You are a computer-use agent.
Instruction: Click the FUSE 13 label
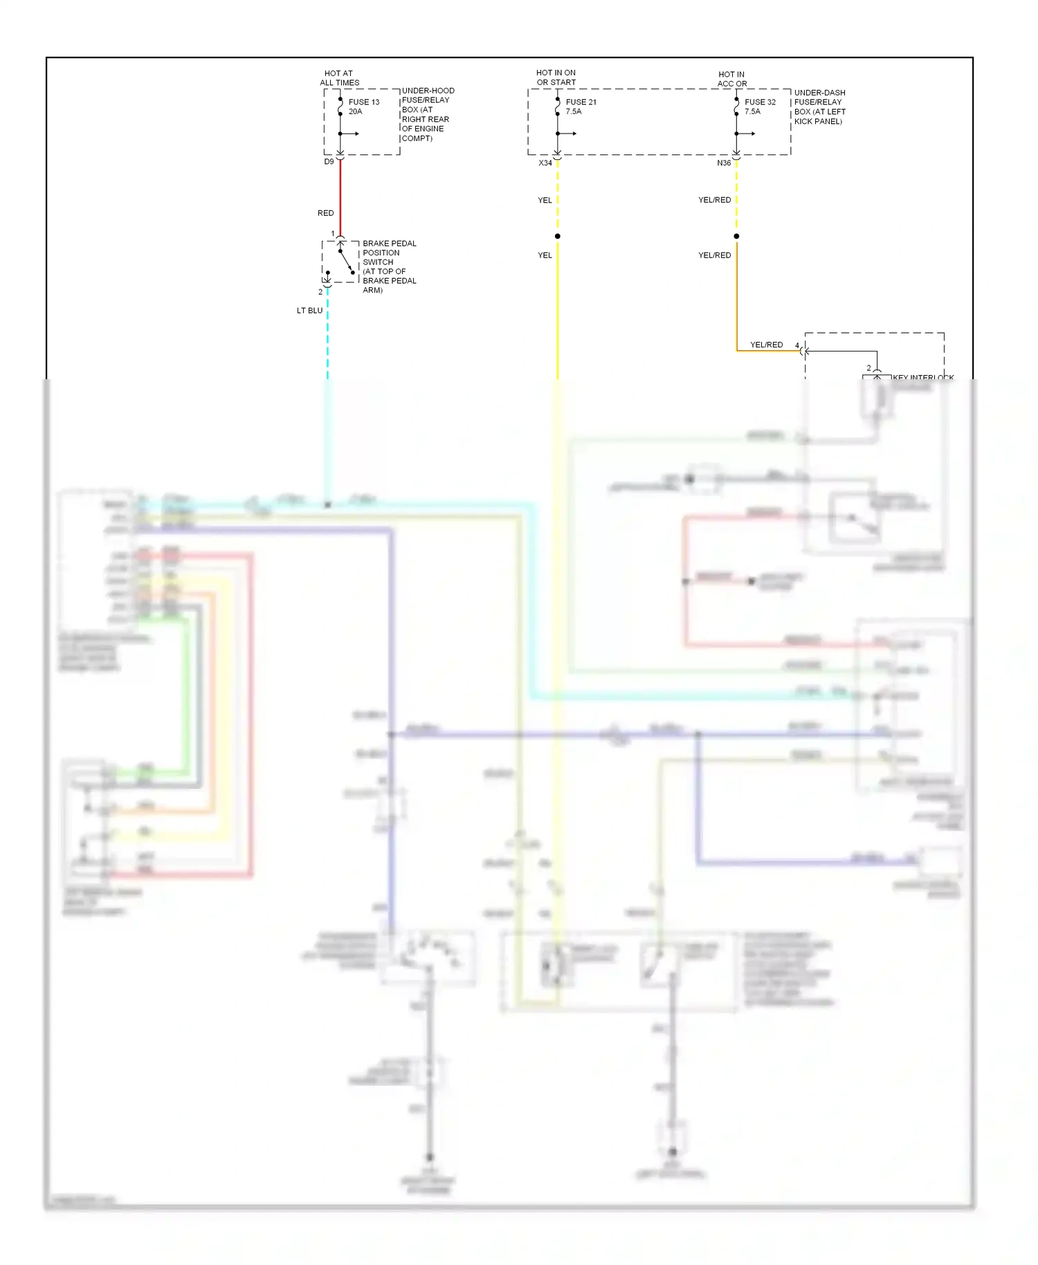pyautogui.click(x=364, y=102)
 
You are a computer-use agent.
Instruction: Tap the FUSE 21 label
pyautogui.click(x=581, y=102)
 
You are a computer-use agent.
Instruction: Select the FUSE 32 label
pyautogui.click(x=760, y=102)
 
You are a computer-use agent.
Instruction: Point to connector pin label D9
pyautogui.click(x=329, y=162)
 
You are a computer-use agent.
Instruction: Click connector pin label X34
pyautogui.click(x=545, y=163)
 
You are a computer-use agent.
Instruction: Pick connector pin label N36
pyautogui.click(x=724, y=163)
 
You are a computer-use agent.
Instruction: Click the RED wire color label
pyautogui.click(x=325, y=213)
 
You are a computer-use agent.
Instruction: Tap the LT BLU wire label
pyautogui.click(x=309, y=311)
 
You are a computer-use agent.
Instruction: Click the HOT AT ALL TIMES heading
pyautogui.click(x=339, y=78)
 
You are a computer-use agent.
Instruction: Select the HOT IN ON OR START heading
pyautogui.click(x=556, y=78)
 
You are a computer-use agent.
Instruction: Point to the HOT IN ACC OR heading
pyautogui.click(x=731, y=79)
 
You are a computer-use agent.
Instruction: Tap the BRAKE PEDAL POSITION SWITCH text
pyautogui.click(x=389, y=266)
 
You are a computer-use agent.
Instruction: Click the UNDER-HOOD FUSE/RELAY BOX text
pyautogui.click(x=428, y=114)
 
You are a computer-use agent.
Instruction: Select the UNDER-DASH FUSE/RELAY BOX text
pyautogui.click(x=819, y=107)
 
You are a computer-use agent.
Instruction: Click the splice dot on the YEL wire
pyautogui.click(x=558, y=237)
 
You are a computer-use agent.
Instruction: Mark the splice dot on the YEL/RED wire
pyautogui.click(x=736, y=237)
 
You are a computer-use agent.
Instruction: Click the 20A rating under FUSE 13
pyautogui.click(x=355, y=111)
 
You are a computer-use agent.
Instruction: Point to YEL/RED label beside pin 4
pyautogui.click(x=766, y=345)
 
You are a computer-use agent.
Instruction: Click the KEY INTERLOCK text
pyautogui.click(x=922, y=377)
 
